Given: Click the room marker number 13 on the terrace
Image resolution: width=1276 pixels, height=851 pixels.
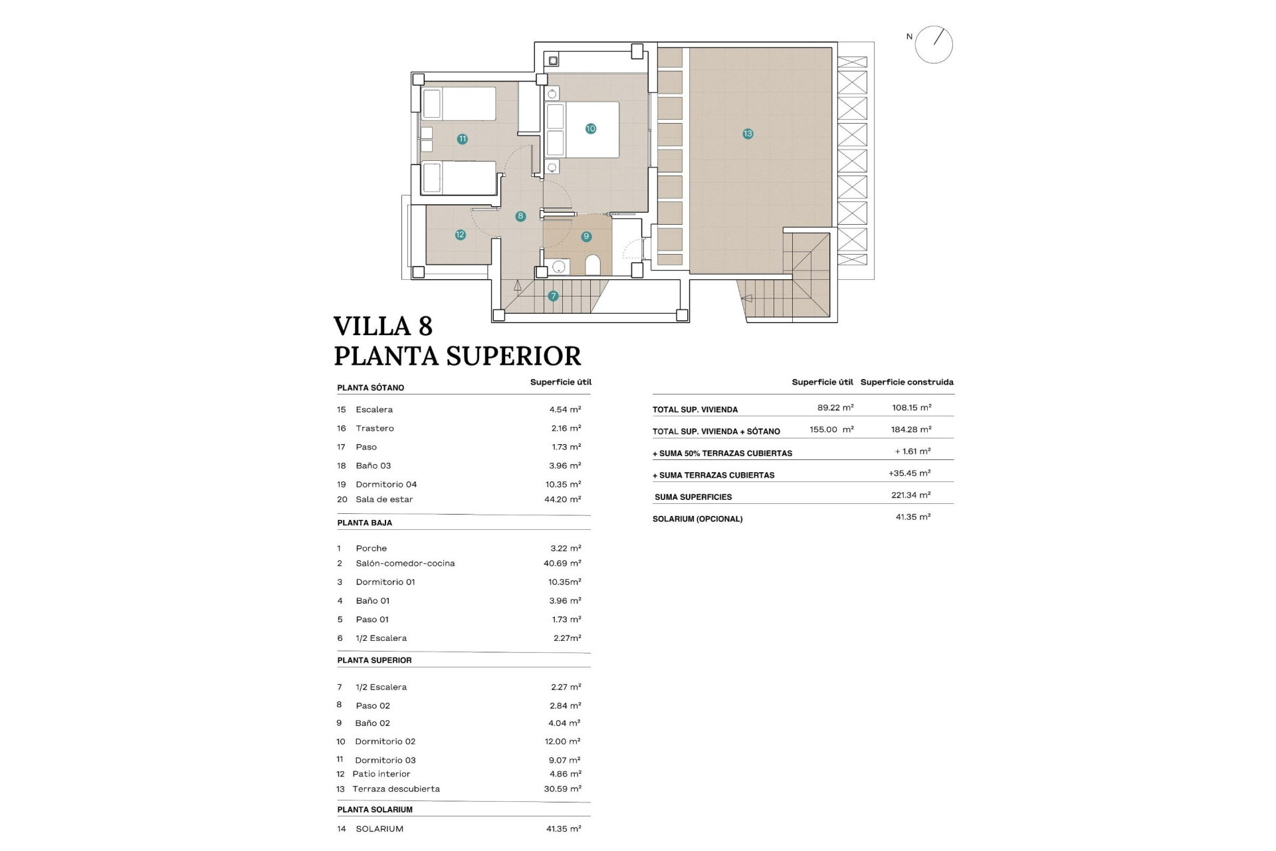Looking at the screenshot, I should pos(748,134).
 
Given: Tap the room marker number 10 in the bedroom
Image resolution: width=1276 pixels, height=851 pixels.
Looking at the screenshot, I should pos(590,128).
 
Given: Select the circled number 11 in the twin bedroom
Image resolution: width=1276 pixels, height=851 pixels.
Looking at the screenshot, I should pos(462,139).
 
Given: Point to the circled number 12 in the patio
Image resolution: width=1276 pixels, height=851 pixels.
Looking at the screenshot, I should pos(460,235).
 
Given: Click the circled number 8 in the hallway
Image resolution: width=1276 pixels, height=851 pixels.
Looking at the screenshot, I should pos(520,216).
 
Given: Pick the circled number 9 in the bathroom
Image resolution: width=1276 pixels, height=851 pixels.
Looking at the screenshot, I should pos(585,236).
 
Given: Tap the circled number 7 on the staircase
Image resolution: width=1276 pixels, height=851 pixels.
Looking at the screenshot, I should pos(553,296).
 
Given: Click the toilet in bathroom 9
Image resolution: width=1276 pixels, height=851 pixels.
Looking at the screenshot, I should pos(593,265).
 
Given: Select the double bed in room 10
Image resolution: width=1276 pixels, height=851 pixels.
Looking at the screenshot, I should pos(582,130).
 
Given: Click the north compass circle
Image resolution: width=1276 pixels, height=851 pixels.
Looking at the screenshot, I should pos(934,45).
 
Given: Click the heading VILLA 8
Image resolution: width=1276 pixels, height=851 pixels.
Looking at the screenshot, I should pos(383,326).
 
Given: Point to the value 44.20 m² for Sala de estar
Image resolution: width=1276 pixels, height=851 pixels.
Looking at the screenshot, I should pos(562,499).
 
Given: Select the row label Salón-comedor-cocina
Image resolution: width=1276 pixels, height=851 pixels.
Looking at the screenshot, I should pos(405,563).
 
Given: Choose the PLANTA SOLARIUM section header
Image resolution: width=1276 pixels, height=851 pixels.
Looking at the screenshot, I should pos(375,810).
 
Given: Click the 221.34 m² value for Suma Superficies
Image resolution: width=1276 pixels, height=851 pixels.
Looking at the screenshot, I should pos(910,495).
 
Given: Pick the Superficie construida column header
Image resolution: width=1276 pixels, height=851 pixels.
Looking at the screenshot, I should pos(906,382).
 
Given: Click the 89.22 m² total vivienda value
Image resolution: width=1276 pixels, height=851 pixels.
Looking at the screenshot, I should pos(835,408).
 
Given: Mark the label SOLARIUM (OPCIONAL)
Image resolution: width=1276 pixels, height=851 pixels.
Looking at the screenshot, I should pos(697,519).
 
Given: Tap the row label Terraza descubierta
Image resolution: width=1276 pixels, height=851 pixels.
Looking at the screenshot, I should pos(396,789).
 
